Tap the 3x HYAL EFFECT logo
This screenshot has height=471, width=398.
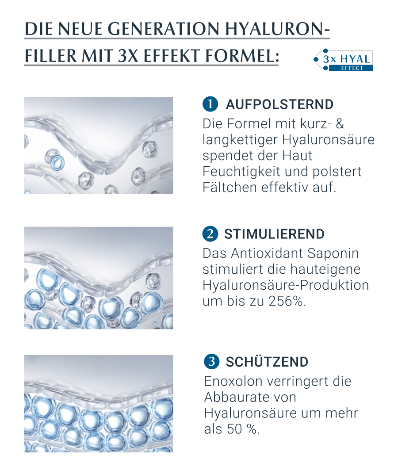coord(343,60)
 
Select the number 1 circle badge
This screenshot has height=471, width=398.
coord(210,104)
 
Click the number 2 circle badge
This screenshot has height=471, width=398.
coord(210,234)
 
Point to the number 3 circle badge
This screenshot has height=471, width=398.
coord(211,362)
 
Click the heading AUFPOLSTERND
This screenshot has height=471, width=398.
coord(279,104)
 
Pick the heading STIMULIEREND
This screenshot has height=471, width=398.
coord(274,234)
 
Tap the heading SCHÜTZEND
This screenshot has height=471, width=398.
coord(267,362)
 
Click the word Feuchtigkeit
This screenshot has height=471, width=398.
coord(241,172)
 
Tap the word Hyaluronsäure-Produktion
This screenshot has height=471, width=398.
coord(286,285)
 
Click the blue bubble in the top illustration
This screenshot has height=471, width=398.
coord(57,162)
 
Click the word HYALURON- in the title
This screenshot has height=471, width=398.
coord(277,29)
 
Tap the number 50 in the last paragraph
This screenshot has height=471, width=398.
coord(234,429)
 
